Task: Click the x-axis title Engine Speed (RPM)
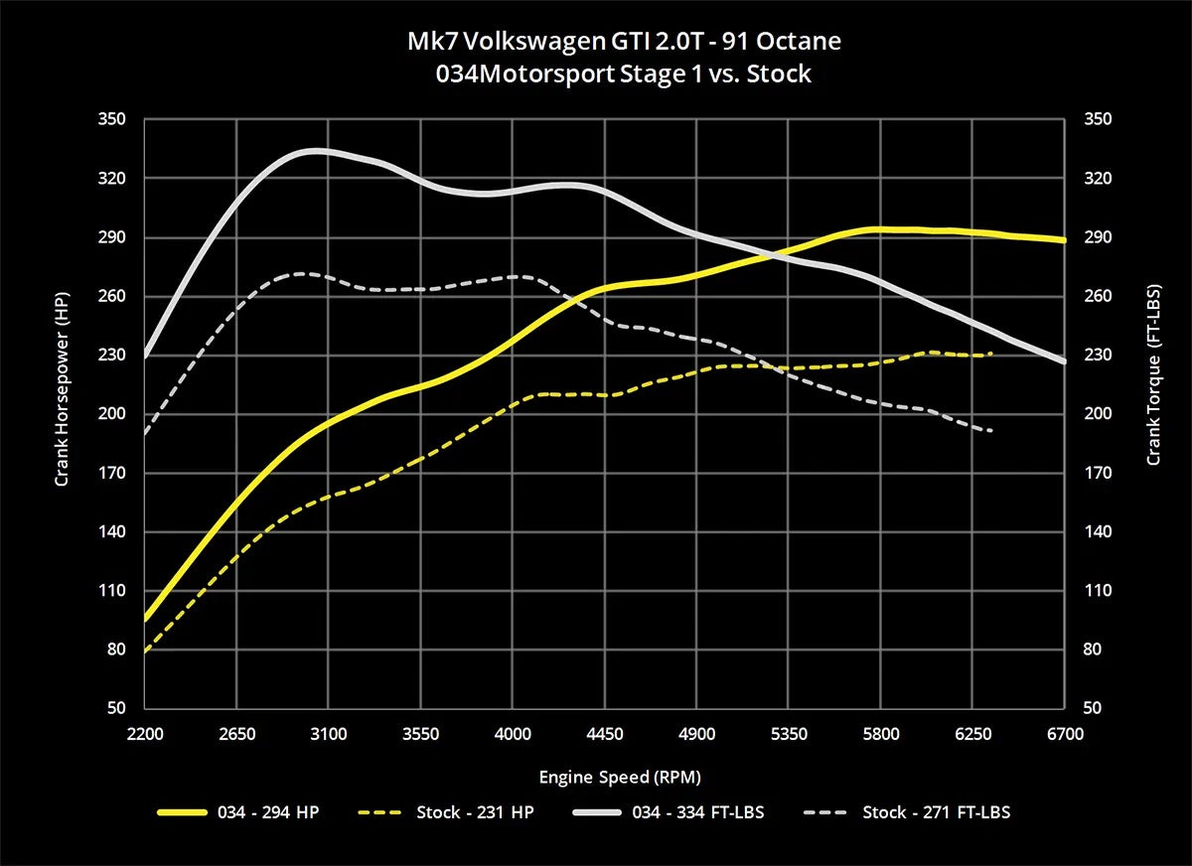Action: (x=605, y=776)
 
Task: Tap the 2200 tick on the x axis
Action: (x=145, y=734)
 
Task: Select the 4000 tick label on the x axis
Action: (x=513, y=734)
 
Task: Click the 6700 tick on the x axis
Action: (x=1065, y=734)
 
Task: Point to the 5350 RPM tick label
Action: (x=789, y=734)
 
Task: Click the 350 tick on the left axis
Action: (x=113, y=119)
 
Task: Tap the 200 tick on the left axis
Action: (x=113, y=414)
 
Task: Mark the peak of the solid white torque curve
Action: (x=315, y=151)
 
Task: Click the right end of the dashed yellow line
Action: (x=991, y=354)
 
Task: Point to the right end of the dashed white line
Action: (x=991, y=431)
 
